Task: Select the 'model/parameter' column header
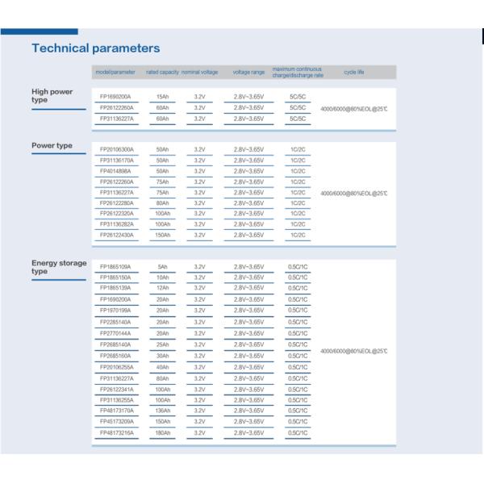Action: point(115,73)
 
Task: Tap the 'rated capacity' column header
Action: point(162,73)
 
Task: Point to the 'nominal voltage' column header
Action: point(201,73)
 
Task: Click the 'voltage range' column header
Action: point(248,73)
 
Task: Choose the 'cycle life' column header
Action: point(354,73)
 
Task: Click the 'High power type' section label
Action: point(52,95)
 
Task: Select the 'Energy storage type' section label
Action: point(58,267)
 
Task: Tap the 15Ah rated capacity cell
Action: point(162,97)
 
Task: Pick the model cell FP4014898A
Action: point(115,171)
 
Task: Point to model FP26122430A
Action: point(115,235)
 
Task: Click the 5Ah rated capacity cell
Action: point(162,267)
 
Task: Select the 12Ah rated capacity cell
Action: point(162,288)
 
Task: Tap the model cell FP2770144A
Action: point(115,333)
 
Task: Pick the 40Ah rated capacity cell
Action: point(162,366)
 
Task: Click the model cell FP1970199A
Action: point(115,311)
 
